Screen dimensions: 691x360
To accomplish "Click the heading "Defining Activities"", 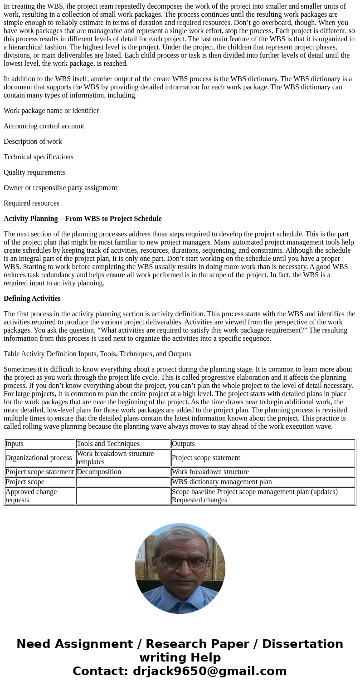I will [32, 299].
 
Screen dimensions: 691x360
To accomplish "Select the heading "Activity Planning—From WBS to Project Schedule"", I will [83, 219].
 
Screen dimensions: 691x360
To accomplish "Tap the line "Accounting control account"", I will [44, 126].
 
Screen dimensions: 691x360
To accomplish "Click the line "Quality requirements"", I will [34, 172].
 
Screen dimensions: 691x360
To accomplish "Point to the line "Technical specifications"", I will [39, 157].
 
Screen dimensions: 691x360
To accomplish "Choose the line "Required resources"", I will [32, 203].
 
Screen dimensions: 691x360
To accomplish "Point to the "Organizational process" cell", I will [39, 458].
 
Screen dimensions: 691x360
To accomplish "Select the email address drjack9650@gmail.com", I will [209, 671].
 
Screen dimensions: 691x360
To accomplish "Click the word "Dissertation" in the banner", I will [302, 644].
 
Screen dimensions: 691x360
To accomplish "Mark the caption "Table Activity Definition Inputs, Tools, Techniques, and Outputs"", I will [97, 354].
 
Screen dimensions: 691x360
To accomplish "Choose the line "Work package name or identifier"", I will [51, 111].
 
